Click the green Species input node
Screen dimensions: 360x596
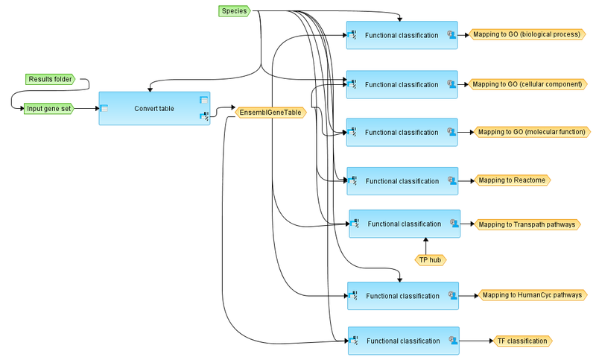[234, 11]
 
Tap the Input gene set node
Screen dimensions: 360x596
[48, 108]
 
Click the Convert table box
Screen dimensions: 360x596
[154, 108]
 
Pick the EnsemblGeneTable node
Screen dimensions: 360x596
[270, 113]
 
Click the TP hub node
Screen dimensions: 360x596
[430, 259]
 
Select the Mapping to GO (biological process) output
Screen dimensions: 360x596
[524, 34]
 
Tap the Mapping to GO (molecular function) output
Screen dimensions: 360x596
[529, 132]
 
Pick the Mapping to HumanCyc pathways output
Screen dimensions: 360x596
[530, 295]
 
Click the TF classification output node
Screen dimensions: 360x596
[521, 341]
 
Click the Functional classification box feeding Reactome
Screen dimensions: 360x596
[402, 181]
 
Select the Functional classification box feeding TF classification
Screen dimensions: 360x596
[403, 341]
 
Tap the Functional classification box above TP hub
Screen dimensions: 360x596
[405, 224]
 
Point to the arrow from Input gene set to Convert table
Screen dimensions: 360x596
[86, 108]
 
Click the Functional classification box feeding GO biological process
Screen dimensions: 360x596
[402, 35]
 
